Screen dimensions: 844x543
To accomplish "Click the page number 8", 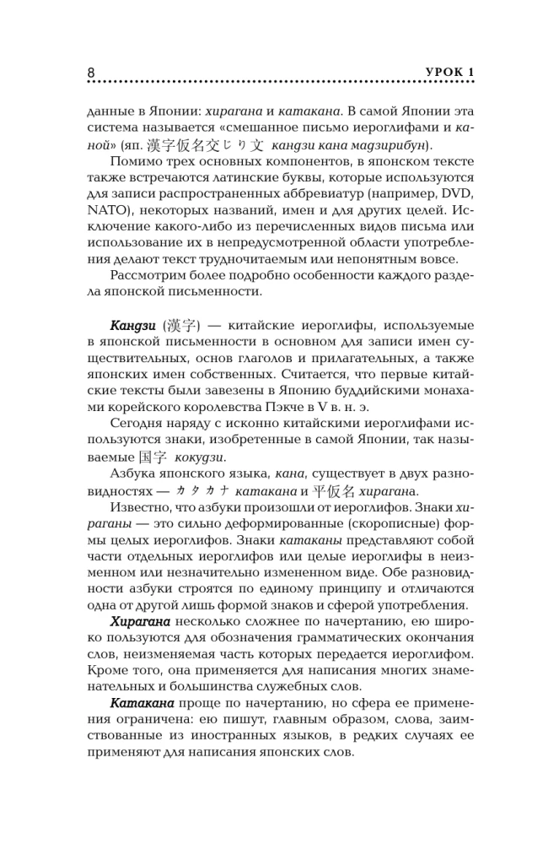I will pos(91,73).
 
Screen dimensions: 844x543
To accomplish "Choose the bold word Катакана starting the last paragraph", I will pos(142,703).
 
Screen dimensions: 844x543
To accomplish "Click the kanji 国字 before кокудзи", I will pos(154,457).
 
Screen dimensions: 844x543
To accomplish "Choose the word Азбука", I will pos(137,473).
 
